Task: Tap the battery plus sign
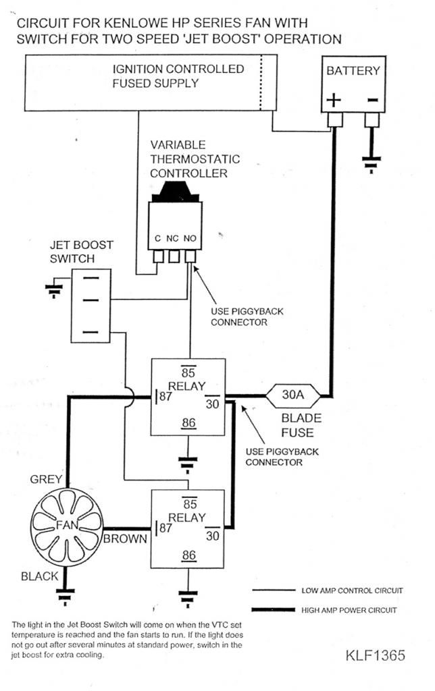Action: click(334, 100)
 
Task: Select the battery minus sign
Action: click(372, 100)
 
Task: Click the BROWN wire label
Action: click(125, 538)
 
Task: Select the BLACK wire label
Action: click(40, 576)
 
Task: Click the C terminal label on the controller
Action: click(157, 238)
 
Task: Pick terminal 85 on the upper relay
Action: click(190, 372)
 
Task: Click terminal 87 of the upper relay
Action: click(164, 396)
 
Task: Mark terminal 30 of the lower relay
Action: click(213, 536)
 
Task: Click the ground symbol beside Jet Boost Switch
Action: click(52, 291)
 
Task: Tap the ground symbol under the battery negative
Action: click(371, 162)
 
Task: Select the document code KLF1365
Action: click(376, 655)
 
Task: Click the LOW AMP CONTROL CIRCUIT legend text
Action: click(352, 590)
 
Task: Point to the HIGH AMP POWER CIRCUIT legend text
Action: click(352, 610)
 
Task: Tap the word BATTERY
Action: click(353, 71)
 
